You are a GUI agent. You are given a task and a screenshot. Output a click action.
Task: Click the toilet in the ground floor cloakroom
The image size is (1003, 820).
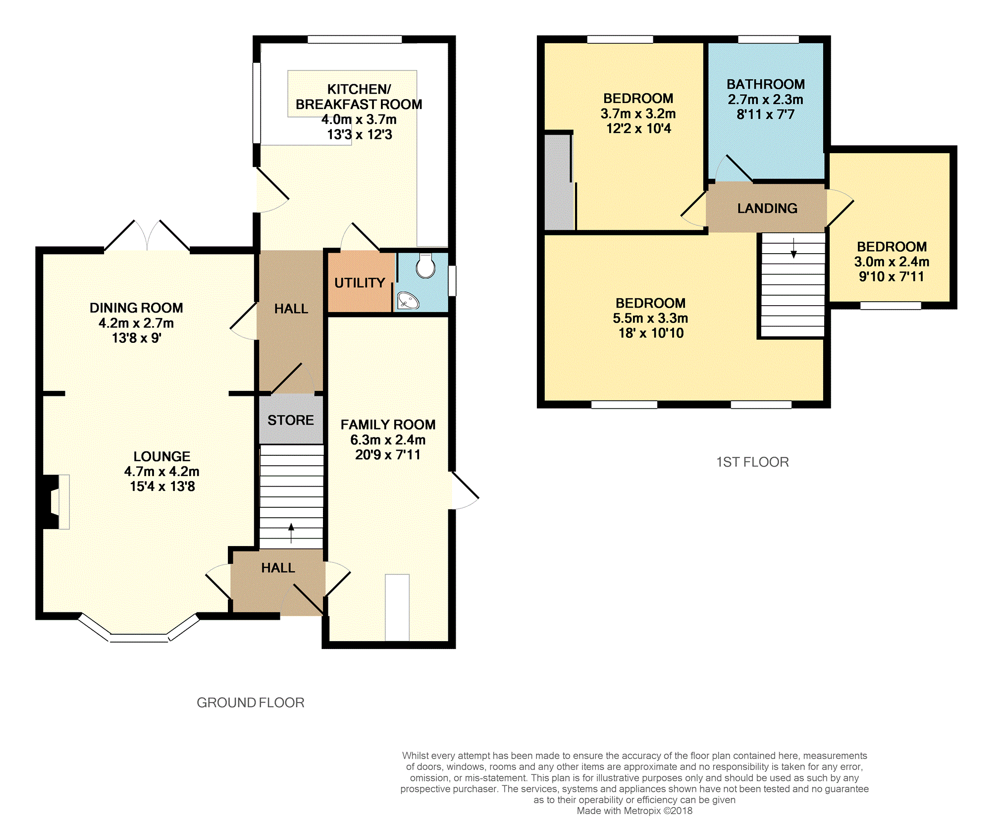(x=425, y=266)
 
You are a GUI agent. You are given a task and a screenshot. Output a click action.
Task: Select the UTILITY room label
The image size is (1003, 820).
(x=360, y=283)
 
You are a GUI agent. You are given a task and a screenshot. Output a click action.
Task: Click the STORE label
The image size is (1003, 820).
(x=291, y=420)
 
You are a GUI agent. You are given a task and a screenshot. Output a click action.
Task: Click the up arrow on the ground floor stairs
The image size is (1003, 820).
(x=291, y=533)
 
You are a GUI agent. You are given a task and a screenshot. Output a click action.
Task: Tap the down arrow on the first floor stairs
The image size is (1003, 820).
(x=793, y=248)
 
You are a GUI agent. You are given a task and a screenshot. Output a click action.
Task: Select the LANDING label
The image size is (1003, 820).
(x=767, y=208)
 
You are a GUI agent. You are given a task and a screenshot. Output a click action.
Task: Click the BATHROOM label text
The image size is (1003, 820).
(x=766, y=84)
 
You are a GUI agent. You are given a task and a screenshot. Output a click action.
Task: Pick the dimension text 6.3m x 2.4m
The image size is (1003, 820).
(x=388, y=439)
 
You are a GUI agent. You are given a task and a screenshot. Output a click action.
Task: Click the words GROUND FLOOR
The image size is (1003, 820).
(x=251, y=703)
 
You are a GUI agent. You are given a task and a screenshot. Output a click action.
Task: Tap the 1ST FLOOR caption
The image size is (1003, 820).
(x=752, y=462)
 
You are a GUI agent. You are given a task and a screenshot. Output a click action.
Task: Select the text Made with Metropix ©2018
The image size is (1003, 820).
(x=634, y=811)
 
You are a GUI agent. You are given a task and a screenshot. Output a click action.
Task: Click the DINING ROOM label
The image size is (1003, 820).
(x=136, y=308)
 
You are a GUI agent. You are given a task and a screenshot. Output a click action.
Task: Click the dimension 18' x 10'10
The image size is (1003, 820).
(x=651, y=333)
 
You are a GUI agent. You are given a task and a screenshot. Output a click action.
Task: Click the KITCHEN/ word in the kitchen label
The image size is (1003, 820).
(x=359, y=89)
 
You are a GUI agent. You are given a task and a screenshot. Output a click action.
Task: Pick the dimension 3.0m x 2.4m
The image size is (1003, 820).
(x=892, y=262)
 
